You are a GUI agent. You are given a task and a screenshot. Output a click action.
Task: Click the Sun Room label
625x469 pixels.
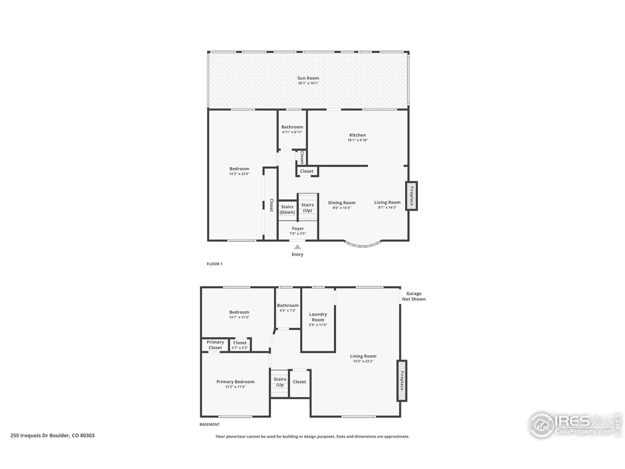point(308,78)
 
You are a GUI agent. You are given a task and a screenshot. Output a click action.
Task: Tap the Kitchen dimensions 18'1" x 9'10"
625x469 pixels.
point(357,141)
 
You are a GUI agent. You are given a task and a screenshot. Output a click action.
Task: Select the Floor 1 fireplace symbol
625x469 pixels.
point(412,196)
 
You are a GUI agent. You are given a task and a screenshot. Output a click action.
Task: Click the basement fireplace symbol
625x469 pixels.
point(402,381)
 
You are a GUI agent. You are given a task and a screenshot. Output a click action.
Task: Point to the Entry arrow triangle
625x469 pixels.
point(297,247)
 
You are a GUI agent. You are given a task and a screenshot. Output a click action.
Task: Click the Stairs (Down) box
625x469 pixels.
point(287,210)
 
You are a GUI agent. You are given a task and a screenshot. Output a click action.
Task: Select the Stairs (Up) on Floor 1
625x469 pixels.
point(308,208)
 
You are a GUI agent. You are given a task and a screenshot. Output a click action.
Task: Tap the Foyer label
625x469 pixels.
point(298,229)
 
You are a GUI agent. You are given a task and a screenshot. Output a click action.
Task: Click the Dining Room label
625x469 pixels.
point(342,203)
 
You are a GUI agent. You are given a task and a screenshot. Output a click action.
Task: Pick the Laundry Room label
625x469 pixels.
point(318,317)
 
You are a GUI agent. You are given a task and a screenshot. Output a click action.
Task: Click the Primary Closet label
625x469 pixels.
point(215,345)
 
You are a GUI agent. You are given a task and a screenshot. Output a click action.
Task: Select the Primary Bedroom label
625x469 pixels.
point(235,382)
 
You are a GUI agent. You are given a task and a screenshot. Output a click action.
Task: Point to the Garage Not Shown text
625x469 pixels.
point(414,297)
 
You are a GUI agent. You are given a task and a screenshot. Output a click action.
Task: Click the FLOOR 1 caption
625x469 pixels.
point(214,264)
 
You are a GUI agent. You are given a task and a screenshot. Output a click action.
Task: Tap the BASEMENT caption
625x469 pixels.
point(209,425)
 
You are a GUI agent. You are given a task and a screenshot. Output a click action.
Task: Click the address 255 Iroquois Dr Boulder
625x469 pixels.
point(53,435)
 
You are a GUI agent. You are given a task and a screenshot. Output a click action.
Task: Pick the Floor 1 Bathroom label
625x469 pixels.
point(292,127)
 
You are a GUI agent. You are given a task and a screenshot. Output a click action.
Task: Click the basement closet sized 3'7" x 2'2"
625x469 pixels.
point(240,345)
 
